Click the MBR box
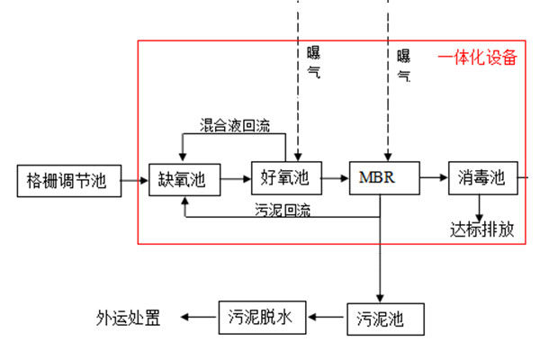pyautogui.click(x=384, y=178)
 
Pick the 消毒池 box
pyautogui.click(x=481, y=178)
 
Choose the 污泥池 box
pyautogui.click(x=382, y=318)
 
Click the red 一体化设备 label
pyautogui.click(x=478, y=58)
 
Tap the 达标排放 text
pyautogui.click(x=482, y=229)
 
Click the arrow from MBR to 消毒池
pyautogui.click(x=434, y=178)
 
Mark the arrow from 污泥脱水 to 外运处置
pyautogui.click(x=197, y=317)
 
